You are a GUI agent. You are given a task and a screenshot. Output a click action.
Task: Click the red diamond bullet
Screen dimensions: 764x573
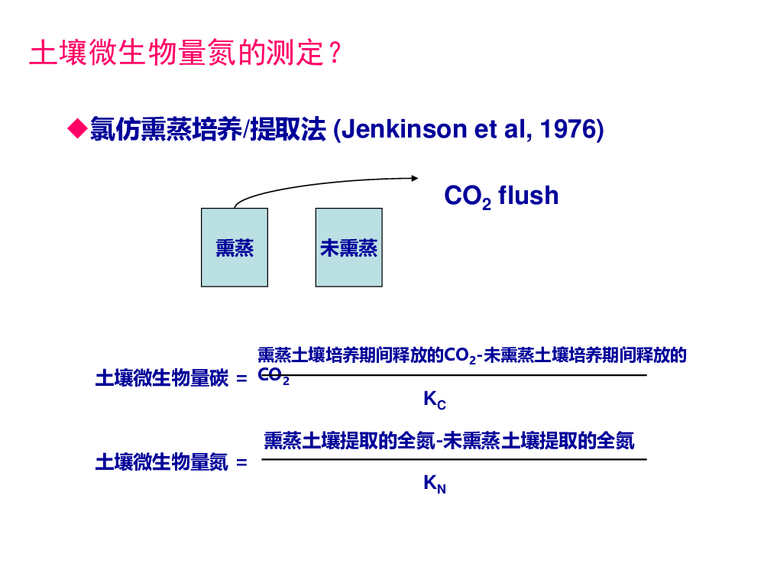(77, 128)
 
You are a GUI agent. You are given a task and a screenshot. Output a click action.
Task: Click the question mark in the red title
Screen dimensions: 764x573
(335, 53)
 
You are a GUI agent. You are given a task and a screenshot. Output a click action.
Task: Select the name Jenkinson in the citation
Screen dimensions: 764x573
(404, 130)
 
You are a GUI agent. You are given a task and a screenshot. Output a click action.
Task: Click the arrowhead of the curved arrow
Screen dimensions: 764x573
(415, 178)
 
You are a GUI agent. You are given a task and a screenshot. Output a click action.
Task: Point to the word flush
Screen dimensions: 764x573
(529, 196)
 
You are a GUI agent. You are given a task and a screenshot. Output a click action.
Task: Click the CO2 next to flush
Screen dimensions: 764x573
(468, 196)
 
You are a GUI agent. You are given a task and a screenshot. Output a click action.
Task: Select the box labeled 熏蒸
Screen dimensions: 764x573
(235, 248)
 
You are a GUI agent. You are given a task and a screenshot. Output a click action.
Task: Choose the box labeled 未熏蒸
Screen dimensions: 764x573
(349, 248)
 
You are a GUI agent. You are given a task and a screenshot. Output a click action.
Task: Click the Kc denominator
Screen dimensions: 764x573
(435, 400)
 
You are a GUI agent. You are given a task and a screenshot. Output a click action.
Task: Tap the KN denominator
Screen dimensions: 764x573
(435, 484)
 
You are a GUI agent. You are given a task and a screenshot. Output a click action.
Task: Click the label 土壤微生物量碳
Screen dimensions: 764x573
(162, 378)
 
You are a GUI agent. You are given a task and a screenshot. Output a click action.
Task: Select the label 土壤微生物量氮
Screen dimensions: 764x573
(162, 462)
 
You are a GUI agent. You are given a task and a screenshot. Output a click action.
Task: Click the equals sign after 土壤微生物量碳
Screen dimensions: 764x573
(241, 379)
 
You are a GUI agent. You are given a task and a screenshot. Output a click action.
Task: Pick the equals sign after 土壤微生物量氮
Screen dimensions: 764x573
(241, 462)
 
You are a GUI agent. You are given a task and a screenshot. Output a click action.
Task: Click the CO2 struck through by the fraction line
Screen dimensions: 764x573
(274, 376)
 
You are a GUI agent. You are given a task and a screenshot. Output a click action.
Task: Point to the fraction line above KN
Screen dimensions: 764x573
(454, 459)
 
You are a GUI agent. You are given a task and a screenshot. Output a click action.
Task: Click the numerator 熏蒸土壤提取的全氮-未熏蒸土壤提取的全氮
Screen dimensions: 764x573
(449, 441)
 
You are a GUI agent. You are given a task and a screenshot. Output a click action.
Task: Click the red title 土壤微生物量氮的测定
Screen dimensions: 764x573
(177, 53)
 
